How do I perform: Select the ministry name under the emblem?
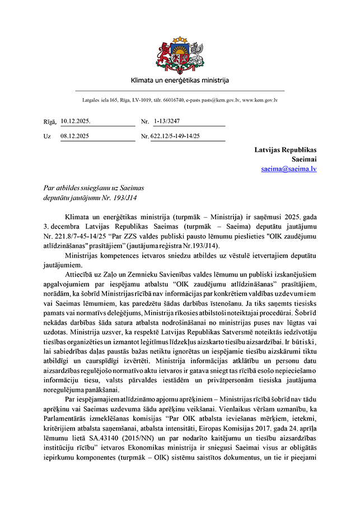click(180, 80)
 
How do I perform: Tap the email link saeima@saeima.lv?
click(288, 169)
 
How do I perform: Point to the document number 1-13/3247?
click(167, 121)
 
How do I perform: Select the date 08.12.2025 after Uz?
click(76, 136)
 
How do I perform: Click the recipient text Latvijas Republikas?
click(286, 150)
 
